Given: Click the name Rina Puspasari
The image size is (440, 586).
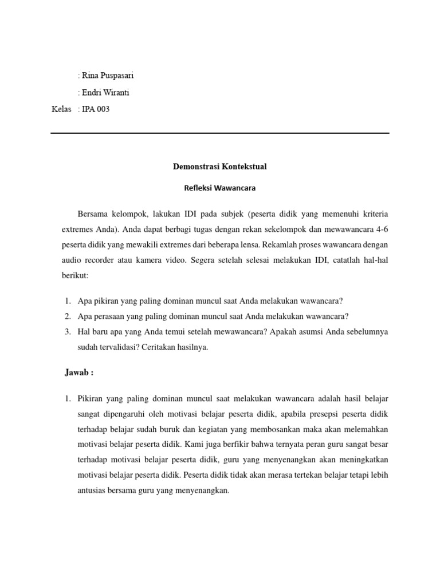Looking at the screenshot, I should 108,76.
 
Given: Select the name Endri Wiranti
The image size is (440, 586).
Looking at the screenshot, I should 105,93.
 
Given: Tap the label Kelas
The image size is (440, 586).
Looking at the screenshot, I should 61,109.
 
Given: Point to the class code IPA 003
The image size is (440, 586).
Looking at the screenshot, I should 96,109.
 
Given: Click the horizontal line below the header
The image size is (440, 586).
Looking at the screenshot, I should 220,134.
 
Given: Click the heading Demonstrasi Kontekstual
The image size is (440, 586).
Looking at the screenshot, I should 220,167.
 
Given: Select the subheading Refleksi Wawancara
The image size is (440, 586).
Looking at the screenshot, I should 220,187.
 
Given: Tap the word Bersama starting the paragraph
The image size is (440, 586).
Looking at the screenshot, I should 93,214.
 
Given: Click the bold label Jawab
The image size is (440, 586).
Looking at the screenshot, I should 79,373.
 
